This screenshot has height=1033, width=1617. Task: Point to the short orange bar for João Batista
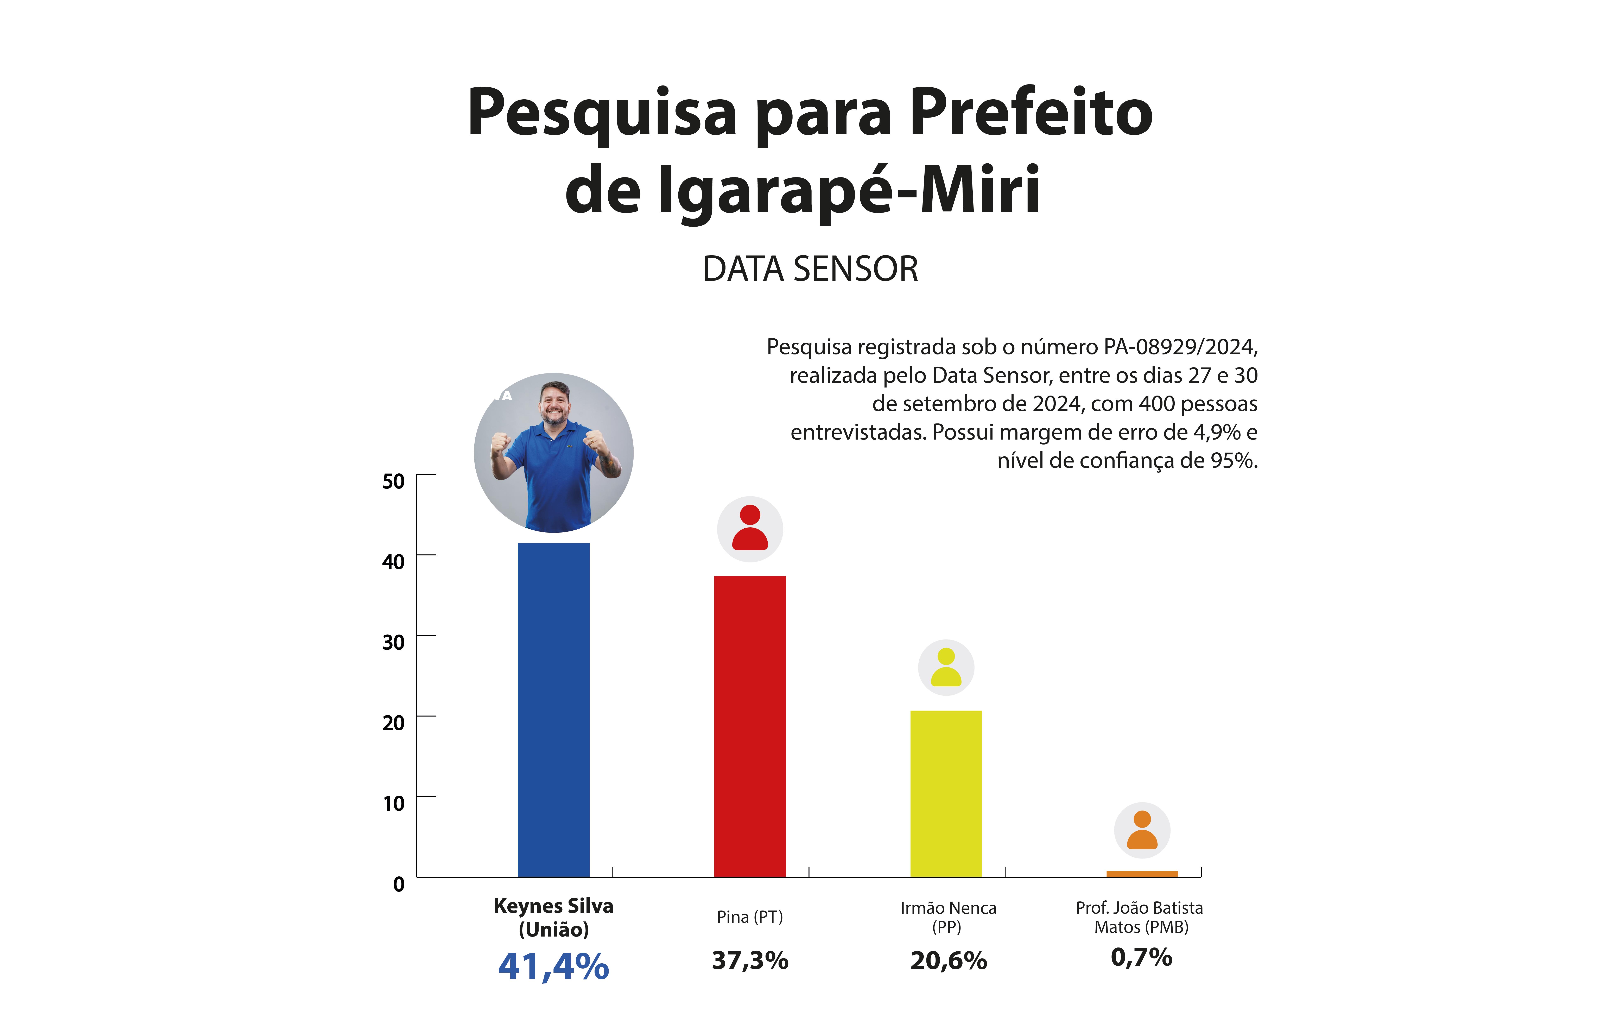pos(1142,873)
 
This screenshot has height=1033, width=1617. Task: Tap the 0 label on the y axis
pos(399,884)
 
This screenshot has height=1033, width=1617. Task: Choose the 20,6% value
pos(948,960)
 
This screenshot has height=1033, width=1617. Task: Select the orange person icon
pos(1142,830)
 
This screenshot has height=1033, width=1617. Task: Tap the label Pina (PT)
pos(749,917)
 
